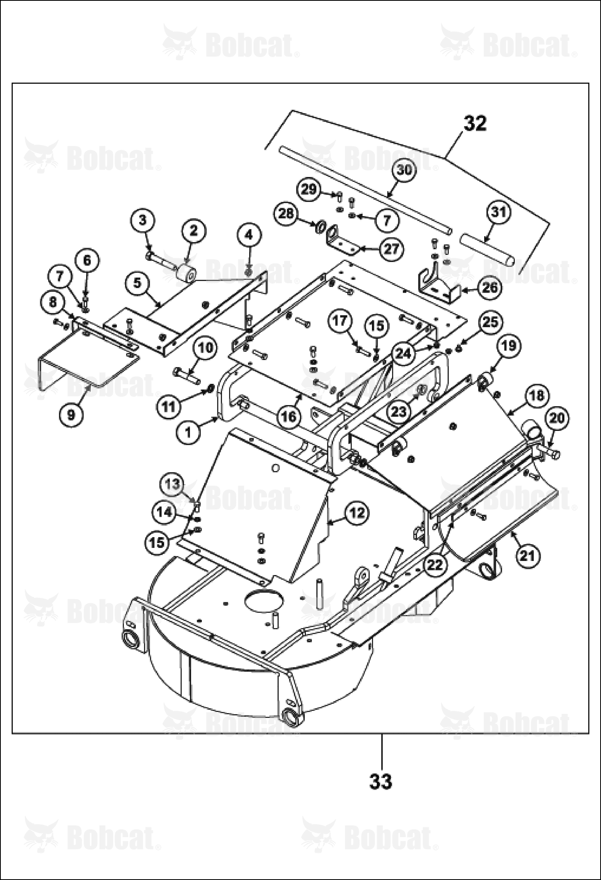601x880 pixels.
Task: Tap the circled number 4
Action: pos(249,235)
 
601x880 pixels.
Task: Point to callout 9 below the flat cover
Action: pos(71,414)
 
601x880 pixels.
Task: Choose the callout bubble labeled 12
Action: pos(357,513)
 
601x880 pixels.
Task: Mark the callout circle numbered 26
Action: pos(489,287)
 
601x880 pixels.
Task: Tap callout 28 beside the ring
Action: pos(286,214)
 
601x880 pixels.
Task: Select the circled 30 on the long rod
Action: pos(404,170)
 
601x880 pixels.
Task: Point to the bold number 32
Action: pos(475,123)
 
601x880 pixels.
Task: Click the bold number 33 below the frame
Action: pos(380,781)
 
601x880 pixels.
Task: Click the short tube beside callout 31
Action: pos(487,249)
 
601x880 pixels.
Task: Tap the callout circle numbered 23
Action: pos(399,411)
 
